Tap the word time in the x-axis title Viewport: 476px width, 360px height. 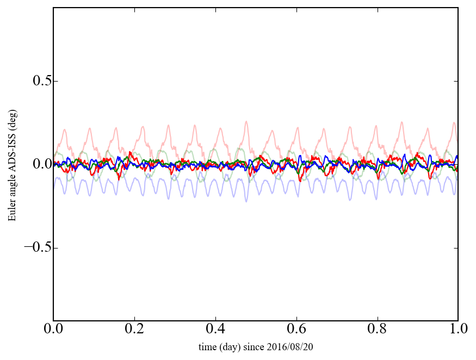207,347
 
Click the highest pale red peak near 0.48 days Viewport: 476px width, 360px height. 246,122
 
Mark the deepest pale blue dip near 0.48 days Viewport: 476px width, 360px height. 246,201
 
